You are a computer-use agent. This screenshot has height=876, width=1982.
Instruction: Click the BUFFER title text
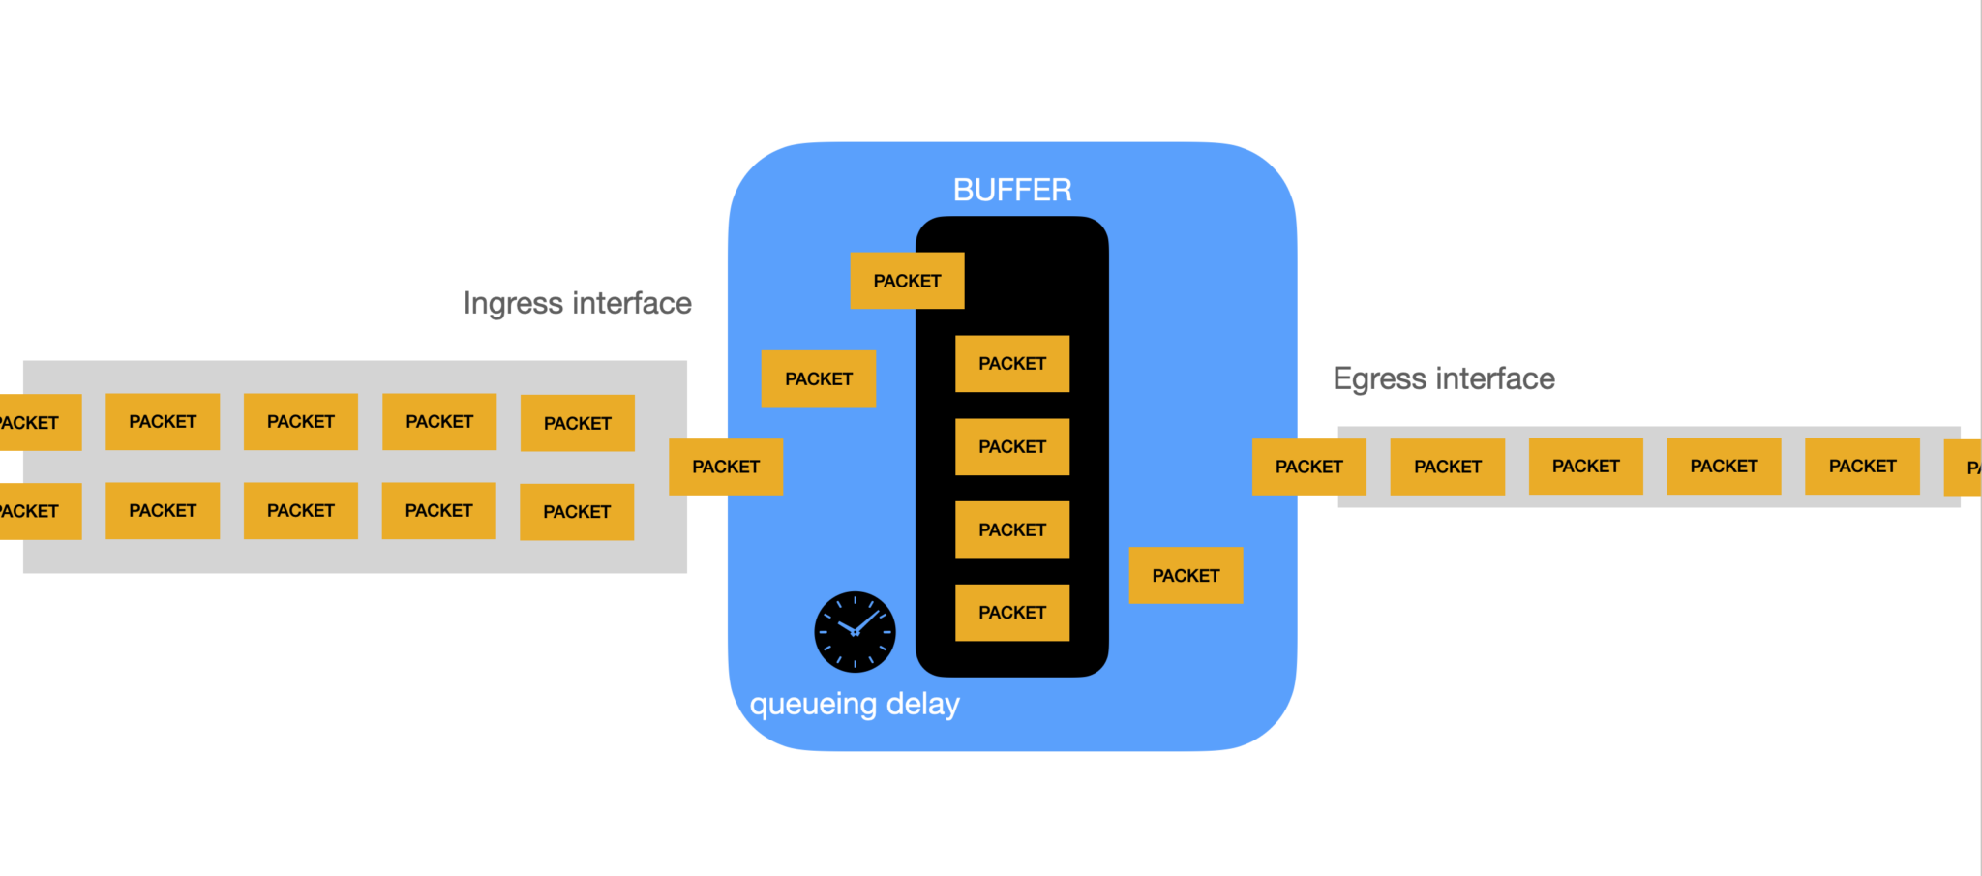(x=1012, y=190)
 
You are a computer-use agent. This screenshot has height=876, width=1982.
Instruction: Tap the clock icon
(x=855, y=632)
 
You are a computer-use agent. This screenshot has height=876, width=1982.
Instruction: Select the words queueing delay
(x=855, y=704)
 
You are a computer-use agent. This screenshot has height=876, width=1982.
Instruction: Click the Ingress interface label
(x=577, y=303)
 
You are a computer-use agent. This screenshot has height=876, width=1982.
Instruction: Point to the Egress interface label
(x=1443, y=378)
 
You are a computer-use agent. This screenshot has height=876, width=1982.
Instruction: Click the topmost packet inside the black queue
(x=1012, y=364)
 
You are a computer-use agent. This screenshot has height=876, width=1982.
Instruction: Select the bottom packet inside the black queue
(x=1012, y=613)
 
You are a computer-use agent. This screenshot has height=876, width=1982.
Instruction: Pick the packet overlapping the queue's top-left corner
(x=907, y=281)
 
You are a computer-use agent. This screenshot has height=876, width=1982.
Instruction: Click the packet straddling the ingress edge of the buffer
(x=726, y=467)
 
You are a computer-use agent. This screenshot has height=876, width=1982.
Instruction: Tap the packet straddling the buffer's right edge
(x=1308, y=467)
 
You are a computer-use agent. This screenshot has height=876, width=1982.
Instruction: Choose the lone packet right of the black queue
(x=1186, y=576)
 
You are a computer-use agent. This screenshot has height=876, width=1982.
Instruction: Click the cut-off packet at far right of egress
(x=1965, y=468)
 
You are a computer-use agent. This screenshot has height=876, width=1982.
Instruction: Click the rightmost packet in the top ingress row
(x=577, y=423)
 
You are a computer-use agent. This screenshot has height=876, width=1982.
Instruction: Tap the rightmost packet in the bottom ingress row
(x=577, y=512)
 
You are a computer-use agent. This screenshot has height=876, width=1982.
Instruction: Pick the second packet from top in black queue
(x=1012, y=447)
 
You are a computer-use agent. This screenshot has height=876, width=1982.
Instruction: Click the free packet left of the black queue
(x=819, y=378)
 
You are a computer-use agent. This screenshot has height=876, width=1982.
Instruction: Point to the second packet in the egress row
(x=1447, y=467)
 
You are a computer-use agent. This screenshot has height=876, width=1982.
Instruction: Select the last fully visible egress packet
(x=1862, y=467)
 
